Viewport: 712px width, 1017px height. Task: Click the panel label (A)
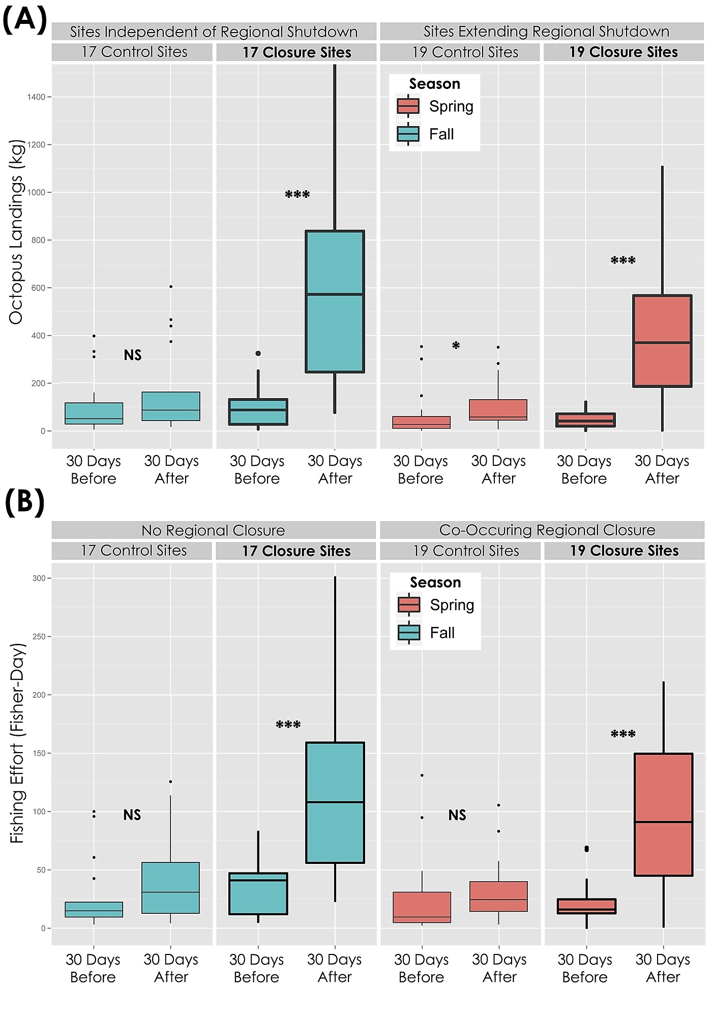24,20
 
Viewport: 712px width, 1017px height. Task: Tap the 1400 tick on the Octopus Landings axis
36,97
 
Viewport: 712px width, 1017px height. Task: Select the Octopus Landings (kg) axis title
16,232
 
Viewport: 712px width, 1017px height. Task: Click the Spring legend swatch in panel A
408,106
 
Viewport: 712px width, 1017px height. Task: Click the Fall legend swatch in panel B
409,633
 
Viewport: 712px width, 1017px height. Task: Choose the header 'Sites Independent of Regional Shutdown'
214,32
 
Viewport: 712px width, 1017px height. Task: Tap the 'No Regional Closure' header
213,530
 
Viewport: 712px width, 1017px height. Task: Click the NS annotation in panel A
133,355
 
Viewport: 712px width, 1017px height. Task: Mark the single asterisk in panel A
456,346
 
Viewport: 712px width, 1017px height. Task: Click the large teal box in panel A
335,302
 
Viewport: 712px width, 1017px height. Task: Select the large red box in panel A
662,341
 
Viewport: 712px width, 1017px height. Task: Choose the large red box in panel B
663,814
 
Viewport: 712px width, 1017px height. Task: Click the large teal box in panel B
335,802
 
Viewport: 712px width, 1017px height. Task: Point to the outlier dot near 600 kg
171,287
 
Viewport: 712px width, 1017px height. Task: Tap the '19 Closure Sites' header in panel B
624,551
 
